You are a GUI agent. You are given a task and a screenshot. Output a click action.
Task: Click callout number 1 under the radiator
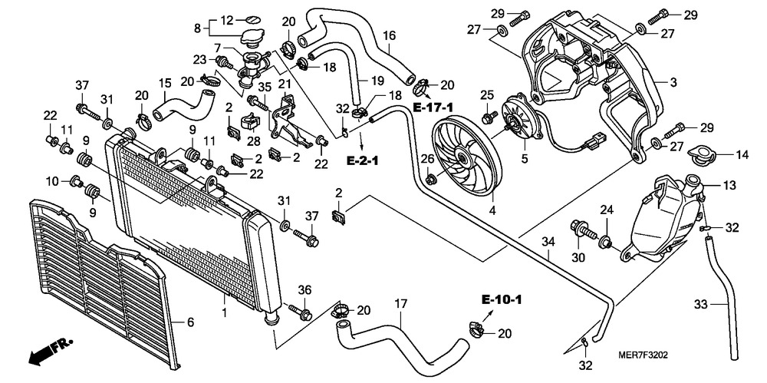(224, 312)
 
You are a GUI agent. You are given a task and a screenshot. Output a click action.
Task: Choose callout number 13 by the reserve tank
(729, 185)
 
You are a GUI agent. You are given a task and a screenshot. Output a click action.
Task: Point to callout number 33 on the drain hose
(700, 304)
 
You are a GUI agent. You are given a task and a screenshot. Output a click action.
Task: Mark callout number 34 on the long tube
(547, 243)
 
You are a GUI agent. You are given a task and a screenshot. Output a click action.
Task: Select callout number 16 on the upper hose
(389, 35)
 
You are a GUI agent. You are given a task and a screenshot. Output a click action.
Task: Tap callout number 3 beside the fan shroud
(672, 82)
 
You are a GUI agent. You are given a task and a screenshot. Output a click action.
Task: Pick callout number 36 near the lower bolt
(304, 289)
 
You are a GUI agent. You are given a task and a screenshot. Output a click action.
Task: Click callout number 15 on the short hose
(164, 83)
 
